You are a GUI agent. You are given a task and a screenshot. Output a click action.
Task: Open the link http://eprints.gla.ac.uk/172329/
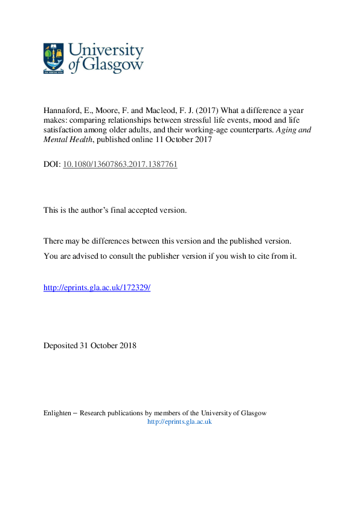[x=97, y=288]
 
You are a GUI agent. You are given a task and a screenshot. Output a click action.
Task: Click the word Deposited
[x=60, y=346]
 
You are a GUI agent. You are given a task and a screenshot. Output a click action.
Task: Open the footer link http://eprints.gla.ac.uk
[x=179, y=421]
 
